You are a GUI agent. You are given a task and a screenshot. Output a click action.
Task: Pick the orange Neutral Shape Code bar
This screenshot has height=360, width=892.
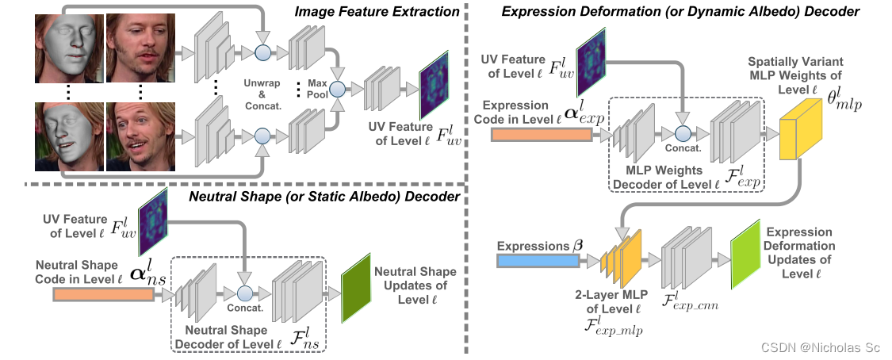click(103, 295)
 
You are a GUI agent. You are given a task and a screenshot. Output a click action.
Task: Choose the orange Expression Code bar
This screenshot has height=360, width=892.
click(542, 134)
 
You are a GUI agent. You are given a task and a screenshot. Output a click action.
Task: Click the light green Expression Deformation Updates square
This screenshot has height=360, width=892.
click(745, 251)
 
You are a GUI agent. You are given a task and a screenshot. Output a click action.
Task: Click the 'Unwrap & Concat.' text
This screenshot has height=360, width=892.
click(262, 92)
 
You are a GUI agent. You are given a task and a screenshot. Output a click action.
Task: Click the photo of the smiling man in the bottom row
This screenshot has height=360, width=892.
click(140, 136)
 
